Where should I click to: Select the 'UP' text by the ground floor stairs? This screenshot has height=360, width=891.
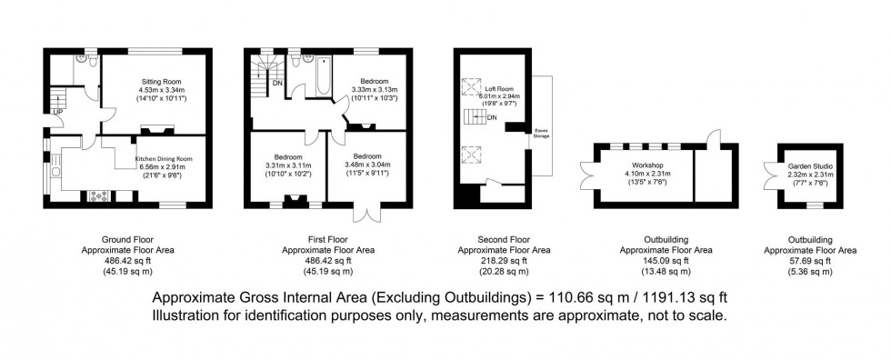pos(57,112)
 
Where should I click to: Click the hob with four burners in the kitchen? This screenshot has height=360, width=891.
pos(97,195)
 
